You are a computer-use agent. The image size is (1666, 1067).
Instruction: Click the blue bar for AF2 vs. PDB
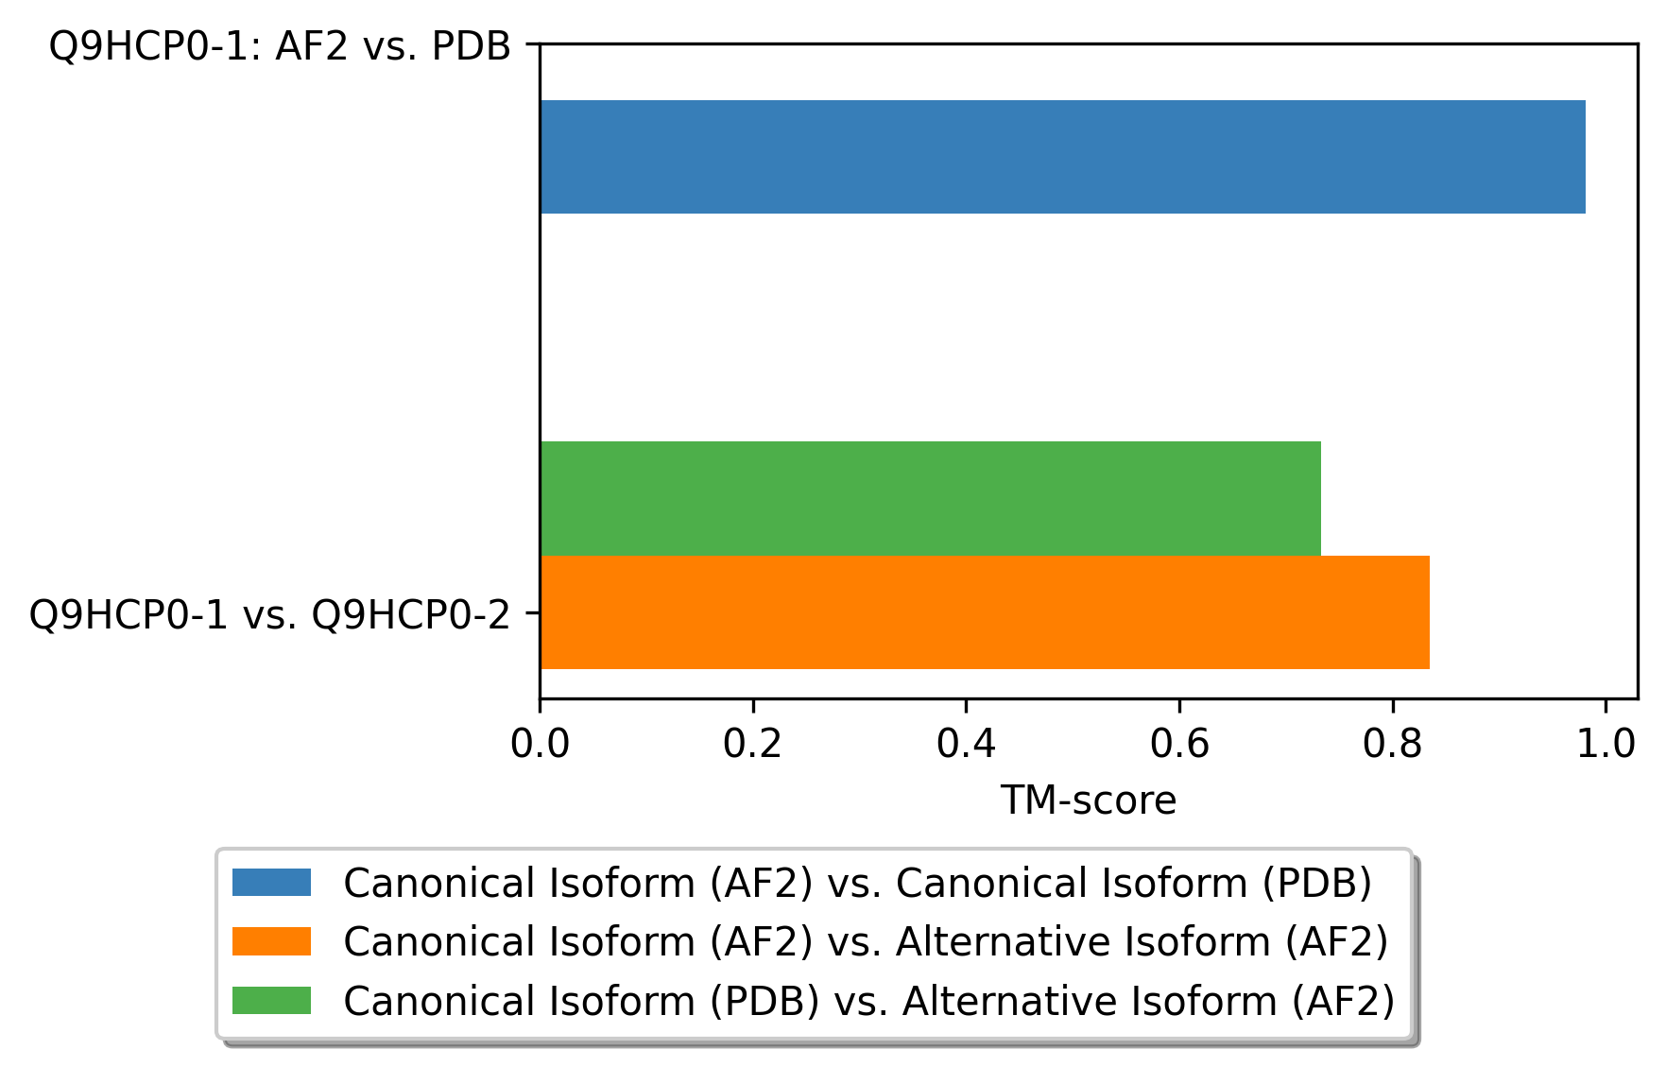[1062, 157]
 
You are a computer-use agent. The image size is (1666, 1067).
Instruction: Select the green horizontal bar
[930, 498]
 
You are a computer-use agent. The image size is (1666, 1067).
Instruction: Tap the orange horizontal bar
[984, 612]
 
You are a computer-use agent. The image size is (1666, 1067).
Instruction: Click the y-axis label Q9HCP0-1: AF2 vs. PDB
[280, 45]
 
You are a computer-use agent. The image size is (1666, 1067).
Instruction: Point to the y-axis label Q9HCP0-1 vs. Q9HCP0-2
[269, 614]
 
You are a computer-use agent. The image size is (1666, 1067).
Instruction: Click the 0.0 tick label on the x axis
[540, 744]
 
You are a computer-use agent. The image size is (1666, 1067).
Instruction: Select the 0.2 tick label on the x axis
[752, 744]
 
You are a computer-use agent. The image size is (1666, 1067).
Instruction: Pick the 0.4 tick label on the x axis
[966, 744]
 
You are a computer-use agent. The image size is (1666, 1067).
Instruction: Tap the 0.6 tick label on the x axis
[1179, 744]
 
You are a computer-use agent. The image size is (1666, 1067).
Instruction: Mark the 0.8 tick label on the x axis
[1392, 744]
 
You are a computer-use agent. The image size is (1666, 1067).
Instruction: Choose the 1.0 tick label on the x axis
[1605, 744]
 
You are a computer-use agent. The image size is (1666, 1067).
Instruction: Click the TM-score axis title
[1088, 800]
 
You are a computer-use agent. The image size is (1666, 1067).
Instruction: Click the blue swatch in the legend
[271, 883]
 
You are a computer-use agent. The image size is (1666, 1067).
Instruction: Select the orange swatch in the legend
[271, 941]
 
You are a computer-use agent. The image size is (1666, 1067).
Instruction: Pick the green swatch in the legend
[271, 1000]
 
